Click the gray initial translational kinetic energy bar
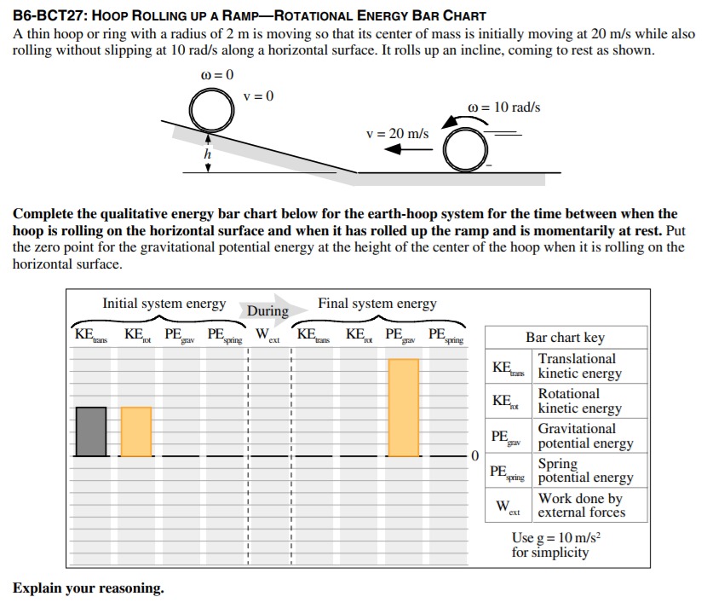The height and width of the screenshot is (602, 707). click(91, 431)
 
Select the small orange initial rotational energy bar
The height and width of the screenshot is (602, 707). click(136, 431)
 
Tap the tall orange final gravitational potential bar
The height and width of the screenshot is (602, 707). click(404, 408)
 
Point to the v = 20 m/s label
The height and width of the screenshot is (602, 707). click(397, 134)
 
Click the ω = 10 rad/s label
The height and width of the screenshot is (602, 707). click(504, 107)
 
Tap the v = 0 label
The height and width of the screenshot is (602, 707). click(258, 96)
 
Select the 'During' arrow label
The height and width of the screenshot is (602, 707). click(268, 311)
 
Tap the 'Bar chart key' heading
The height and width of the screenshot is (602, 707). click(565, 337)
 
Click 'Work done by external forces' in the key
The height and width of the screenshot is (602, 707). click(581, 506)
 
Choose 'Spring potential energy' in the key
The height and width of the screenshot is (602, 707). click(585, 471)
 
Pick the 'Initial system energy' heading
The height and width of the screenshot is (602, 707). click(164, 304)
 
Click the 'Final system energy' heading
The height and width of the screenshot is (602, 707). click(377, 304)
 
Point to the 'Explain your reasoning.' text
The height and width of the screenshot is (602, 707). click(89, 588)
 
